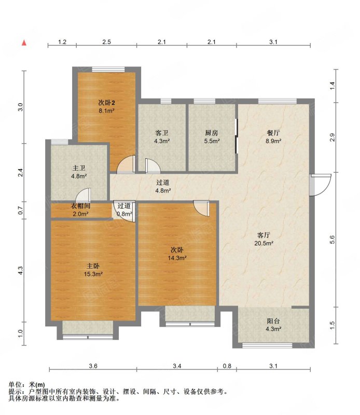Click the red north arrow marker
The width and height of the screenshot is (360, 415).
[x=24, y=43]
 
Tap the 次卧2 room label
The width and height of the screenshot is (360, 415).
[x=107, y=106]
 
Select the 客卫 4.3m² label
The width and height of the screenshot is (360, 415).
[x=162, y=137]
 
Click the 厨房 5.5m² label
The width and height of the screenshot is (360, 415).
[x=212, y=137]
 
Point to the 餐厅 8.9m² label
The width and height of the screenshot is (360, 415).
[x=273, y=137]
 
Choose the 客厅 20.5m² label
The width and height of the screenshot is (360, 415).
[x=264, y=239]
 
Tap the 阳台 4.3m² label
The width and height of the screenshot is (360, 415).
[x=273, y=325]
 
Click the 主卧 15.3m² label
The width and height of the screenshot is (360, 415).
[x=93, y=270]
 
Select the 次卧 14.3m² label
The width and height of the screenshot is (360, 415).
[x=177, y=254]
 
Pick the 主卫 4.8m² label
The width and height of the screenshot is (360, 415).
[x=79, y=172]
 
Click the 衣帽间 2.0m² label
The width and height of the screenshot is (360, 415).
[x=80, y=210]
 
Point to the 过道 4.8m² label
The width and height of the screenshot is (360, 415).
[x=163, y=186]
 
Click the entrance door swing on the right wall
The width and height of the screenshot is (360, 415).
[x=321, y=185]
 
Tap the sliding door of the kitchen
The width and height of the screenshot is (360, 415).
[x=237, y=136]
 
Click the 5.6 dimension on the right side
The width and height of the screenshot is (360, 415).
[x=333, y=240]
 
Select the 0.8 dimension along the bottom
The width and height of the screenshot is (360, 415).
[x=227, y=366]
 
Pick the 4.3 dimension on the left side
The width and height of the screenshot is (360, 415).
[x=21, y=270]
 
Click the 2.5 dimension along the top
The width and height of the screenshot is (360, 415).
[x=106, y=42]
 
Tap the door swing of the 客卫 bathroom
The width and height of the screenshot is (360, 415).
[x=153, y=165]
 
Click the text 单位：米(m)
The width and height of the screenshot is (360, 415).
[x=27, y=384]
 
